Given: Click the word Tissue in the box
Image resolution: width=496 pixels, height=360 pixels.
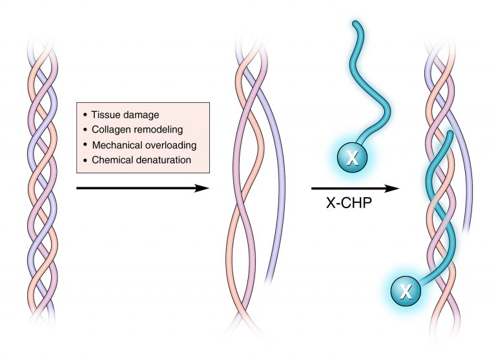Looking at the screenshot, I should [x=104, y=114].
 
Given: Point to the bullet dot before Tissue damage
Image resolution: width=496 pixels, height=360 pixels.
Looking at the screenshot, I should [x=85, y=114].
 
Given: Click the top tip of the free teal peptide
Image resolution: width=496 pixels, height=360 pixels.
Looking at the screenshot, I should [x=356, y=24].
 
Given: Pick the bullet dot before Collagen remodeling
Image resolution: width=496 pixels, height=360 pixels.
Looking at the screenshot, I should [x=85, y=129].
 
